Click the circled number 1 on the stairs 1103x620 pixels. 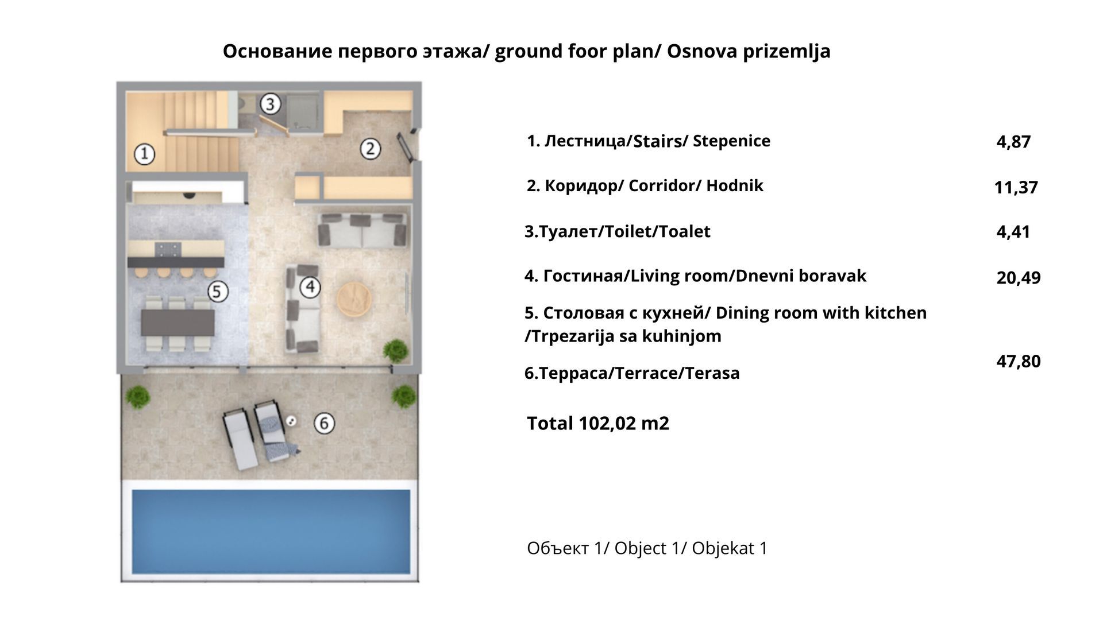point(144,153)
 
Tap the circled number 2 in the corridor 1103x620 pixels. point(370,149)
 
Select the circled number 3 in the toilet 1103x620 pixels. point(270,104)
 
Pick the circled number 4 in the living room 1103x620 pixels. point(310,286)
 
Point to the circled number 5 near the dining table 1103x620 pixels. point(217,291)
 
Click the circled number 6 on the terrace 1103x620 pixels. point(324,423)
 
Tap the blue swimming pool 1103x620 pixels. point(271,531)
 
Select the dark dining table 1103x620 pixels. point(178,323)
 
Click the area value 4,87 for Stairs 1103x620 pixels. point(1013,142)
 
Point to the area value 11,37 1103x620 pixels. point(1016,187)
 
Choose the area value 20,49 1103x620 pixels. point(1018,278)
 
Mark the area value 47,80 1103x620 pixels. point(1018,362)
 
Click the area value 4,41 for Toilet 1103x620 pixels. point(1013,232)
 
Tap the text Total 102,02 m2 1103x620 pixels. point(597,424)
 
